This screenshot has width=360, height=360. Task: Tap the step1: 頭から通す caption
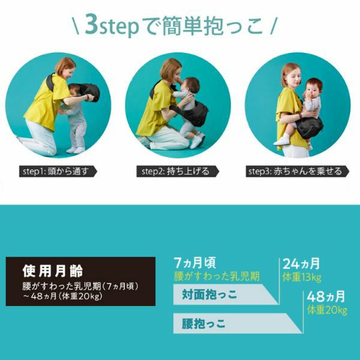click(x=58, y=171)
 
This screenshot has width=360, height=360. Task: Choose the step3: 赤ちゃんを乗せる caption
click(x=295, y=171)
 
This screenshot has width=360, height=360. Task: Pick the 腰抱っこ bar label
click(x=204, y=324)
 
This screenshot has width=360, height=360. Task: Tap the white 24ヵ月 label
click(x=301, y=263)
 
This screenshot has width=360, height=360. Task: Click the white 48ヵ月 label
click(x=326, y=297)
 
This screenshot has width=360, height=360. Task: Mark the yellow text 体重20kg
click(x=327, y=310)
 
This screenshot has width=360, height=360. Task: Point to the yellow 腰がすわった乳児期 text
click(x=217, y=276)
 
